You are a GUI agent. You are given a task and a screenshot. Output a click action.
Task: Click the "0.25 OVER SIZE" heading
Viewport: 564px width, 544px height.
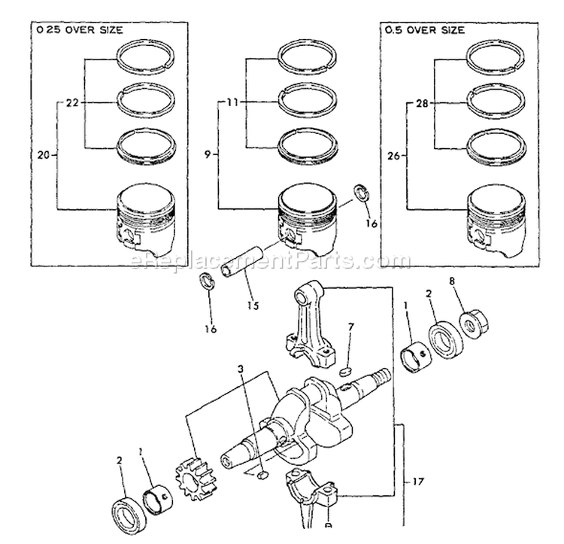(x=80, y=30)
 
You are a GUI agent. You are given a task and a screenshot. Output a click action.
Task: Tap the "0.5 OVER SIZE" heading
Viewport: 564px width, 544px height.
(x=425, y=30)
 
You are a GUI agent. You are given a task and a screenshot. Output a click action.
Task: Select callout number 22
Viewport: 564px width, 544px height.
(x=72, y=103)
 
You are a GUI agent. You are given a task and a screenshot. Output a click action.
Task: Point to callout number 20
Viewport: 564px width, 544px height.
(x=44, y=155)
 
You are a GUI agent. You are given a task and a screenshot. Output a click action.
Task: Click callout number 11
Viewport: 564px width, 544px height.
(x=232, y=102)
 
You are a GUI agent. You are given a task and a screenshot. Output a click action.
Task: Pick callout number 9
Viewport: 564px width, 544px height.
(x=208, y=155)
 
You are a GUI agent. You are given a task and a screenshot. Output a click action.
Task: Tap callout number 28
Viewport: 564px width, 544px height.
(x=422, y=104)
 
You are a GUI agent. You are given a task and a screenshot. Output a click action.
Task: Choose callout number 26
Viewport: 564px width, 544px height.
(x=394, y=156)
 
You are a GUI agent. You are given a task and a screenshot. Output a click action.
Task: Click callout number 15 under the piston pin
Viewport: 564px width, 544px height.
(x=253, y=305)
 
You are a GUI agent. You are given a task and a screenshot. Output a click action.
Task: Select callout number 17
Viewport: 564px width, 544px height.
(x=418, y=481)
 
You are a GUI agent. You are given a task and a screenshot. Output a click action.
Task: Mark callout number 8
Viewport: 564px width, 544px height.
(x=452, y=281)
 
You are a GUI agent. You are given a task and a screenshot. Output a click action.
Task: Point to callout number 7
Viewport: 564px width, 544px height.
(x=350, y=327)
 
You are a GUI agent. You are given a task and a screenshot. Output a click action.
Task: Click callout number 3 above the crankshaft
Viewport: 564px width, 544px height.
(x=241, y=369)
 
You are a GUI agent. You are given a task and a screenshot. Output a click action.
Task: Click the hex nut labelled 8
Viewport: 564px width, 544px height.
(x=475, y=323)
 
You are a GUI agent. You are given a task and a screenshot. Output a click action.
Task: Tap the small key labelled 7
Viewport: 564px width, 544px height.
(x=345, y=371)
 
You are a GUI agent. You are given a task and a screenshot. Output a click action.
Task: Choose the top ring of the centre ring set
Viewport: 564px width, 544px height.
(x=308, y=56)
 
